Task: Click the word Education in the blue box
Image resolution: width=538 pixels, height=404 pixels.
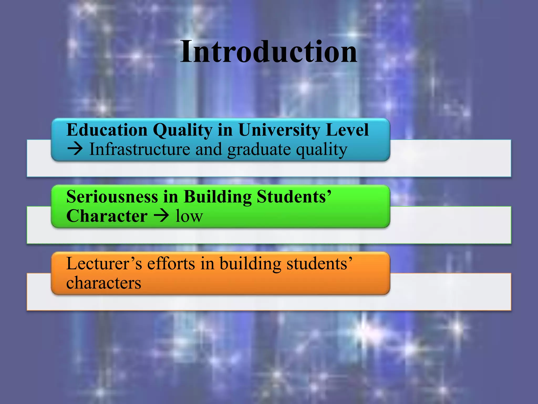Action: pyautogui.click(x=107, y=130)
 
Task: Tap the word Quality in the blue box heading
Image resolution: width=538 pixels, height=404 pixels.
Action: pyautogui.click(x=183, y=130)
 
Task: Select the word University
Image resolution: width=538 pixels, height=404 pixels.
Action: pyautogui.click(x=280, y=130)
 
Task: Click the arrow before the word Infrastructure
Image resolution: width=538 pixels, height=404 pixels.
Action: pyautogui.click(x=75, y=149)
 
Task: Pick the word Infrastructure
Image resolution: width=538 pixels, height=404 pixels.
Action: pyautogui.click(x=140, y=149)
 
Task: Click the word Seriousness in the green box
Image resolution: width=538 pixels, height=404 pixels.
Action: pyautogui.click(x=112, y=196)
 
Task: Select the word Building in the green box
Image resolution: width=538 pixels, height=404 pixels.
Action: pyautogui.click(x=218, y=197)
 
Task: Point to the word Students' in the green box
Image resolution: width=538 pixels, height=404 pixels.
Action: pyautogui.click(x=294, y=196)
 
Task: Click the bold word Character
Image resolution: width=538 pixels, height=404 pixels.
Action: pyautogui.click(x=107, y=216)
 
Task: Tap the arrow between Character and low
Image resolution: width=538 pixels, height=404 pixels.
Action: pyautogui.click(x=161, y=216)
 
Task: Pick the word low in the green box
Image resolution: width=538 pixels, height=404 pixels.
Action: pyautogui.click(x=189, y=216)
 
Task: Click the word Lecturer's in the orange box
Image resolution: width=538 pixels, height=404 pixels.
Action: pyautogui.click(x=104, y=263)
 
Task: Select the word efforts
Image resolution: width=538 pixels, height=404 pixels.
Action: pyautogui.click(x=171, y=263)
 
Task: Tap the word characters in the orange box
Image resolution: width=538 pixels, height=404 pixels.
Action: pyautogui.click(x=104, y=283)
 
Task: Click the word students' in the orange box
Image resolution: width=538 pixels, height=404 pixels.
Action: pyautogui.click(x=319, y=263)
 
